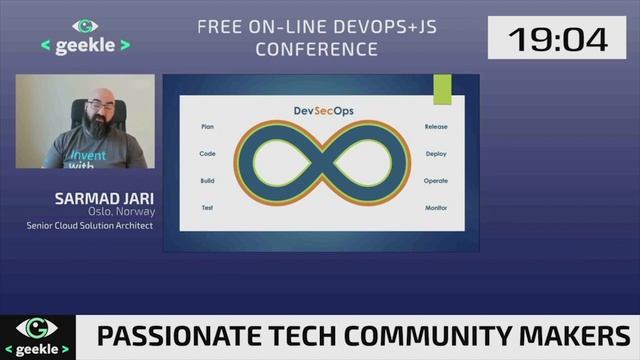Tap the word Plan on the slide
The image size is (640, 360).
pos(208,128)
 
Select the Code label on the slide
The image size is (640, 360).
pos(208,154)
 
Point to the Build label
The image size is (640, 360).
pos(208,180)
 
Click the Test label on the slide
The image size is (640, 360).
pos(208,207)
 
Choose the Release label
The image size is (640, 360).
pos(436,128)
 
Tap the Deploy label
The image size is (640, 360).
pos(436,154)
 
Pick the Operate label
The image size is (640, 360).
pos(436,180)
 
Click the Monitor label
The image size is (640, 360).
pos(436,207)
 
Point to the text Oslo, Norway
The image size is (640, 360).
pos(119,211)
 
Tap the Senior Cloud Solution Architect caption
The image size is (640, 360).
pos(89,226)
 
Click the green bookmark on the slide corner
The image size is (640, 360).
pos(442,89)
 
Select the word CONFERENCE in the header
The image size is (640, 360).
pos(316,48)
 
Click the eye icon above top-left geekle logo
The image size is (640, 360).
pos(85,26)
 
